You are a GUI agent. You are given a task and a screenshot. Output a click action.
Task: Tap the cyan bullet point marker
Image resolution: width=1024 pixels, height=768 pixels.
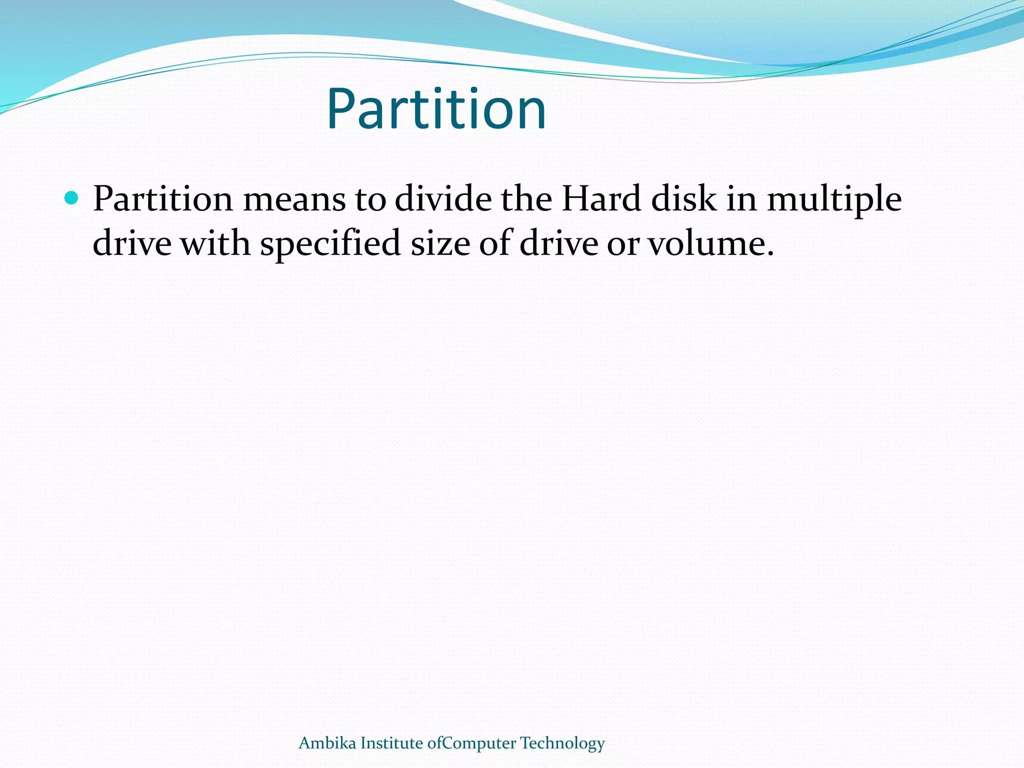tap(72, 198)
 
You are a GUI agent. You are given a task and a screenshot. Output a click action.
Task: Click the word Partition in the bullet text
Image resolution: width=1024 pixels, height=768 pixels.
tap(163, 199)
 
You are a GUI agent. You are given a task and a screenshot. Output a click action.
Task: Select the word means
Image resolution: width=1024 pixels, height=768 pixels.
tap(294, 199)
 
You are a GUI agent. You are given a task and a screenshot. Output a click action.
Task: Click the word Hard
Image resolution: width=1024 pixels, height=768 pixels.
tap(601, 199)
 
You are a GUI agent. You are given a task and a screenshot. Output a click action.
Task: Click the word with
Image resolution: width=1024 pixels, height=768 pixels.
tap(215, 243)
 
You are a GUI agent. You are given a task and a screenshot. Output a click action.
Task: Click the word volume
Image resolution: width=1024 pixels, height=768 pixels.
tap(710, 243)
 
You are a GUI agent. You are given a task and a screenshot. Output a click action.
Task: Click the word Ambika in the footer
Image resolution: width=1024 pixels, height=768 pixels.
tap(327, 743)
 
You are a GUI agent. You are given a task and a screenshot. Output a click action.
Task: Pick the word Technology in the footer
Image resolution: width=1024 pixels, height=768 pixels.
tap(562, 744)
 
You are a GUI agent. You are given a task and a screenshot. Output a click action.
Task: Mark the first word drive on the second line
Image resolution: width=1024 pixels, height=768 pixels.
tap(132, 243)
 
